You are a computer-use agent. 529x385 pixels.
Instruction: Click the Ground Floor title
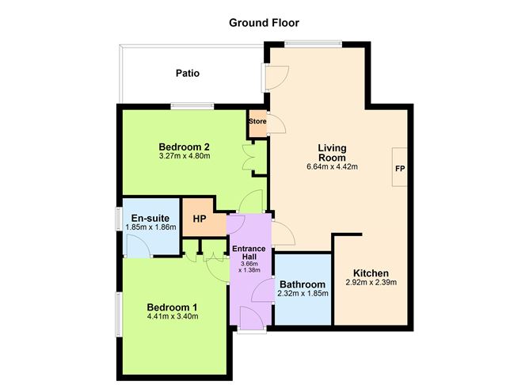coord(264,23)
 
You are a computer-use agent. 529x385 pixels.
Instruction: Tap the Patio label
coord(188,74)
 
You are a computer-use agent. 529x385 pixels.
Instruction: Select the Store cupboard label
coord(257,121)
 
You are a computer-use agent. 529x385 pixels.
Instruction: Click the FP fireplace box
coord(399,169)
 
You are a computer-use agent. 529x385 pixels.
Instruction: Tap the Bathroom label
coord(302,284)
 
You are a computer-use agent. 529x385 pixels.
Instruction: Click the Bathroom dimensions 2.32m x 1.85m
coord(302,294)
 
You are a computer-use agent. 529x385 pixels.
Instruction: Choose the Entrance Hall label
coord(249,253)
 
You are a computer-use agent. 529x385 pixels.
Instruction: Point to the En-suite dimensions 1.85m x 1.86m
coord(150,227)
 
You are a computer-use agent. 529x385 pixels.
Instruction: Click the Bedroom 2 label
coord(185,147)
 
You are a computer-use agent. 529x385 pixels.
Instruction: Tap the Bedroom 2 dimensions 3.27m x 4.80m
coord(185,157)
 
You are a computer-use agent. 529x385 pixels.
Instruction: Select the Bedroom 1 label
coord(172,307)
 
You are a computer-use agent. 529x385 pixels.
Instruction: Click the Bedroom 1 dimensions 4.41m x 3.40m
coord(172,317)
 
